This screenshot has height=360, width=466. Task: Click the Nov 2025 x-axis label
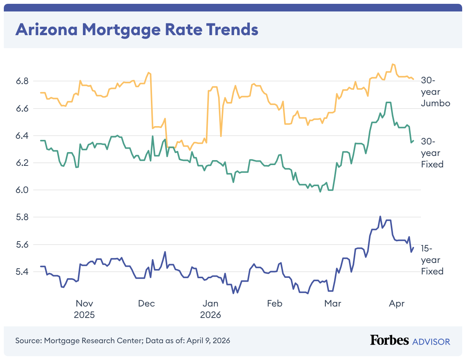[x=84, y=309]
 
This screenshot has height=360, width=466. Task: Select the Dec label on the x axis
[x=146, y=304]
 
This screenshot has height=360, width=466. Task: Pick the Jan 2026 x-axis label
[x=210, y=309]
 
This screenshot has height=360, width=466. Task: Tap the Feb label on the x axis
[x=274, y=304]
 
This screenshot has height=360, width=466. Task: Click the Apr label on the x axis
[x=397, y=304]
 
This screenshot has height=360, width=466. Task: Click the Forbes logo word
[x=389, y=341]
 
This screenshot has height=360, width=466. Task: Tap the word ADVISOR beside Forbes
[x=431, y=341]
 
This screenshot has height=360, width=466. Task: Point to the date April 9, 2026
[x=208, y=341]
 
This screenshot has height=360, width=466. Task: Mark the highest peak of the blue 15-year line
[x=380, y=216]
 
